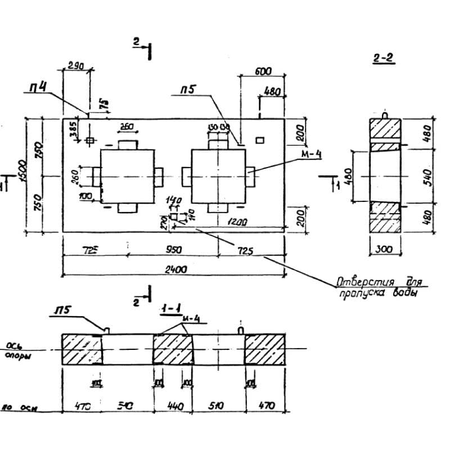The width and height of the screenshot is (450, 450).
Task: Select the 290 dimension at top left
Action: click(75, 66)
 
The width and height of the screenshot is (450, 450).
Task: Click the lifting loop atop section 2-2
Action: click(385, 114)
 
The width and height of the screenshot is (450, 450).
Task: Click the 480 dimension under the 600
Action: click(273, 91)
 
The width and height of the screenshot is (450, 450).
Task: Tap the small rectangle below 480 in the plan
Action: click(259, 139)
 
